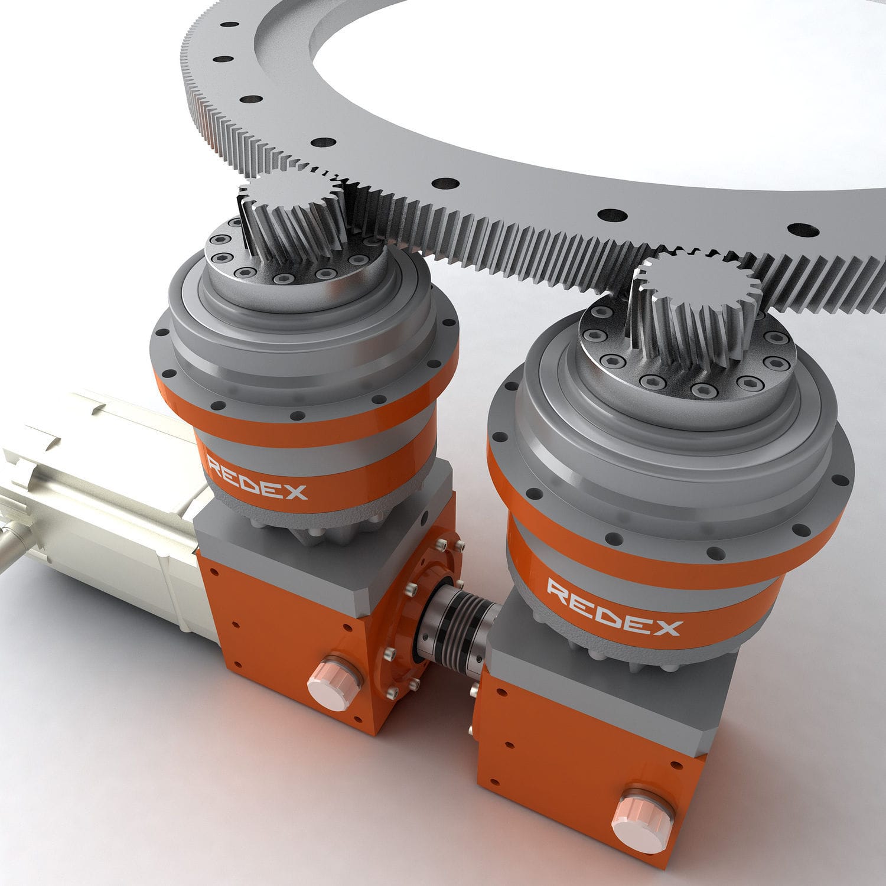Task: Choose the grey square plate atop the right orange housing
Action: pyautogui.click(x=614, y=679)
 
